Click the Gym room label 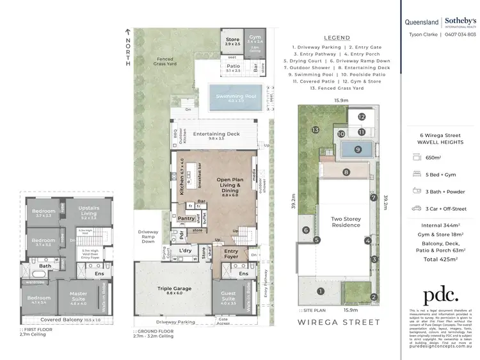[x=255, y=39]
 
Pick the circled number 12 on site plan [x=362, y=117]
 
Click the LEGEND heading [x=337, y=38]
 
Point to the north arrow [x=128, y=32]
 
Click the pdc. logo [x=441, y=294]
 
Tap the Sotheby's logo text [x=460, y=21]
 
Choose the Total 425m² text [x=439, y=259]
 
